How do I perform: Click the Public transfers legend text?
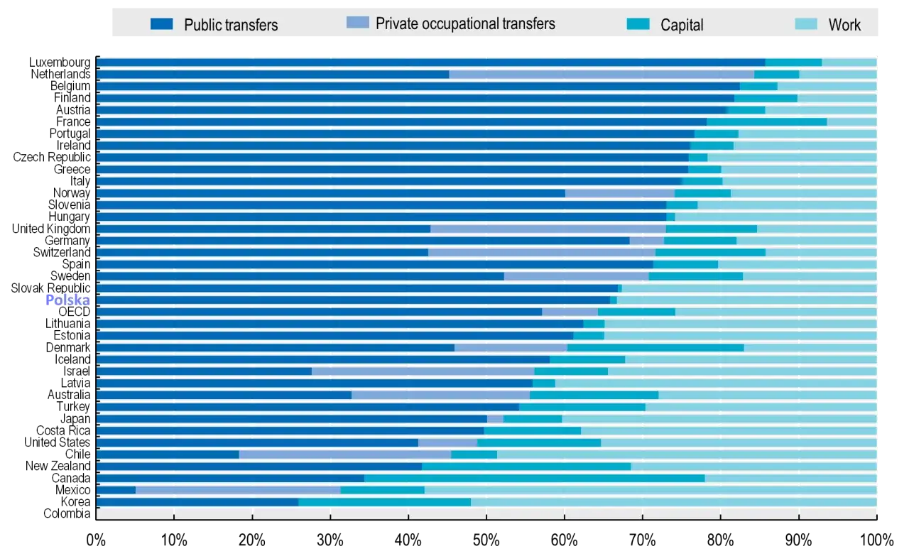[x=231, y=25]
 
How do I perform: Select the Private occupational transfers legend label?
[x=465, y=23]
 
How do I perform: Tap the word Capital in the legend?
[x=682, y=25]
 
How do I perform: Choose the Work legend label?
[x=844, y=25]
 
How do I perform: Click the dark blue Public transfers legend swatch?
[x=162, y=24]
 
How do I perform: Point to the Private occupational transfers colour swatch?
[x=358, y=23]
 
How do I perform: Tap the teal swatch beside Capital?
[x=638, y=24]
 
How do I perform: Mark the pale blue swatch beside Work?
[x=807, y=24]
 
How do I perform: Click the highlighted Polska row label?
[x=67, y=300]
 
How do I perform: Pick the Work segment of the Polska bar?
[x=746, y=300]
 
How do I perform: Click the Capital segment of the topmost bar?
[x=793, y=62]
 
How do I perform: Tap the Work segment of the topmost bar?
[x=849, y=62]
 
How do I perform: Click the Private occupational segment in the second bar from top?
[x=602, y=74]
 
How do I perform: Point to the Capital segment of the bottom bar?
[x=384, y=502]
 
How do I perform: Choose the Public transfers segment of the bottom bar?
[x=197, y=502]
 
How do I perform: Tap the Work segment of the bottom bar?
[x=673, y=502]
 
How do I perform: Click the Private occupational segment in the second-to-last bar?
[x=238, y=490]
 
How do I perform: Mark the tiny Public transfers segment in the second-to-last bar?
[x=116, y=490]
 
